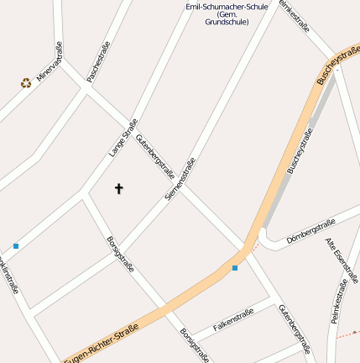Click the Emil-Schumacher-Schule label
pos(227,13)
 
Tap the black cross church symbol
pos(118,188)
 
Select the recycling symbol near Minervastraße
pos(26,83)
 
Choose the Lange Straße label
pos(123,139)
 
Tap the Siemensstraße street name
pos(180,178)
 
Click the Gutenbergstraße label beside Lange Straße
pos(155,150)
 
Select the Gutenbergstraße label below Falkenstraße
pos(295,329)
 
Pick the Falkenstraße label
pos(233,319)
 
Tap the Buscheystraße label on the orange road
pos(335,65)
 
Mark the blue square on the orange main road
pos(235,268)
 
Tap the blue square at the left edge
pos(16,246)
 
